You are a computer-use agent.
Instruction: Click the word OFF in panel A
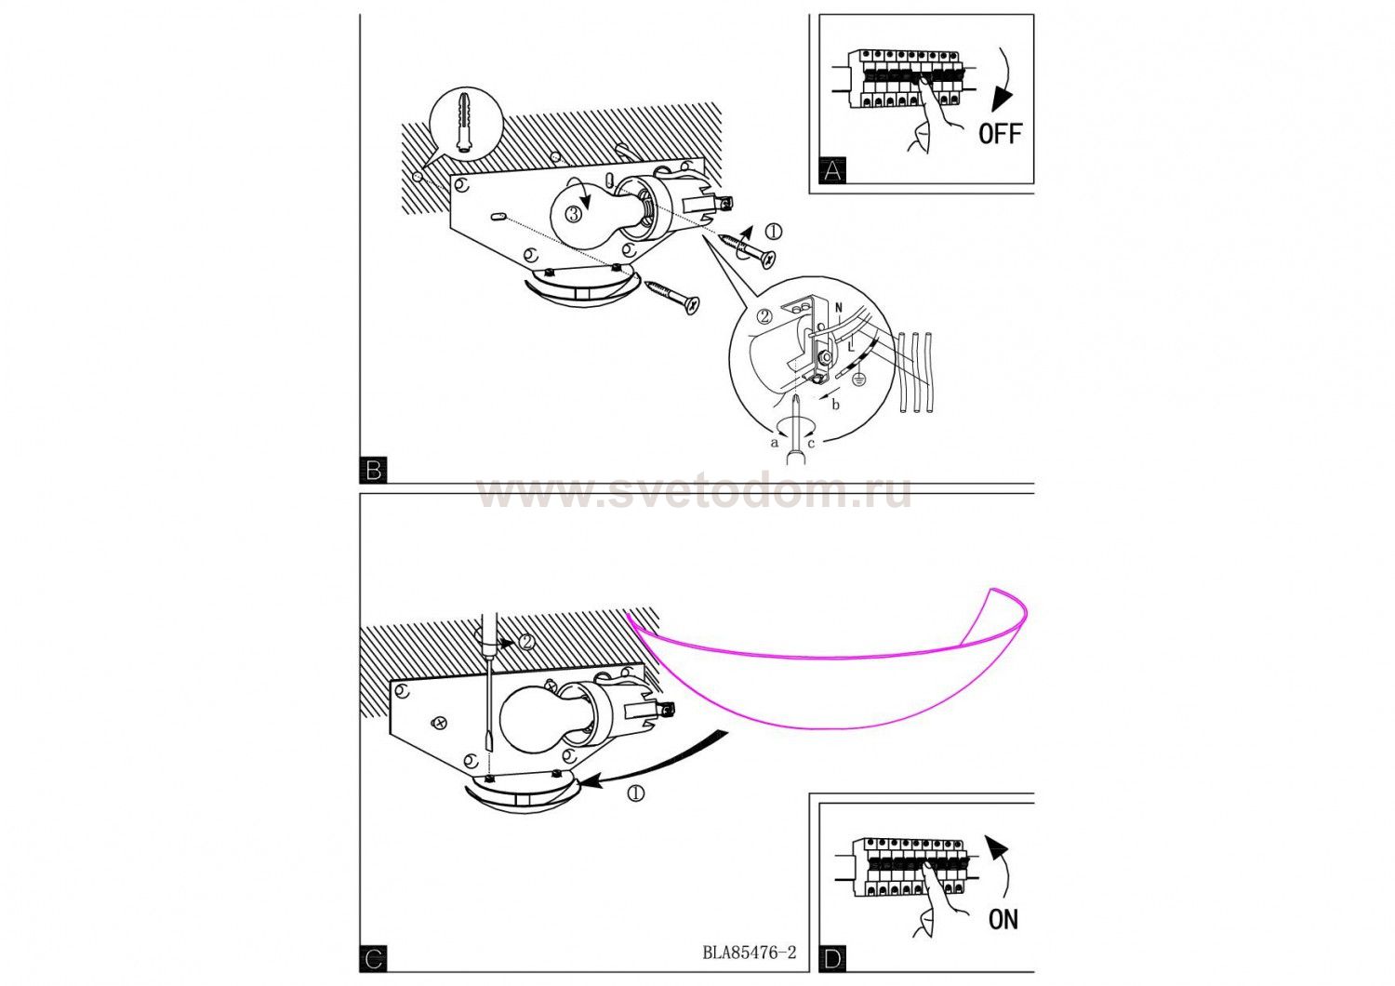coord(1000,133)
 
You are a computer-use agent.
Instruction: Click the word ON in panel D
coord(1003,919)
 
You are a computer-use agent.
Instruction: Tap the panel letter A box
coord(832,170)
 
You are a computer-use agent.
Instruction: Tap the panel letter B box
coord(373,471)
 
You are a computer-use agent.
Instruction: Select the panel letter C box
coord(373,959)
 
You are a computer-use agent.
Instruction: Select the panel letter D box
coord(832,959)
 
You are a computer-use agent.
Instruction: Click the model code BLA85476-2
coord(750,953)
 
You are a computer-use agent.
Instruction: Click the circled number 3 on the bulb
coord(574,214)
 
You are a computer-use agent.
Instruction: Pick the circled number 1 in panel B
coord(774,232)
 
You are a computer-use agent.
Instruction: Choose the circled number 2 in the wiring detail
coord(764,315)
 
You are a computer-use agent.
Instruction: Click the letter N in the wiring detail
coord(839,307)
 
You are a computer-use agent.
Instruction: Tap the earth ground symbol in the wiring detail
coord(858,378)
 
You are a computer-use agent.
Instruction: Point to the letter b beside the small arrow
coord(836,405)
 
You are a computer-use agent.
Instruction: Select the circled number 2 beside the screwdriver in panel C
coord(527,642)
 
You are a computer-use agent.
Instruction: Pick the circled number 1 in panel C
coord(636,793)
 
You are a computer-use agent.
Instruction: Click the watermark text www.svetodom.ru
coord(695,495)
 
